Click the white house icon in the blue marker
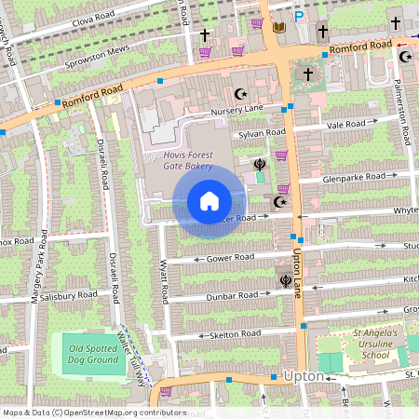pyautogui.click(x=209, y=200)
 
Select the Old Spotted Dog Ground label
pyautogui.click(x=94, y=354)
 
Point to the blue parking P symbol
pyautogui.click(x=299, y=16)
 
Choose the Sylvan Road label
pyautogui.click(x=263, y=134)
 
